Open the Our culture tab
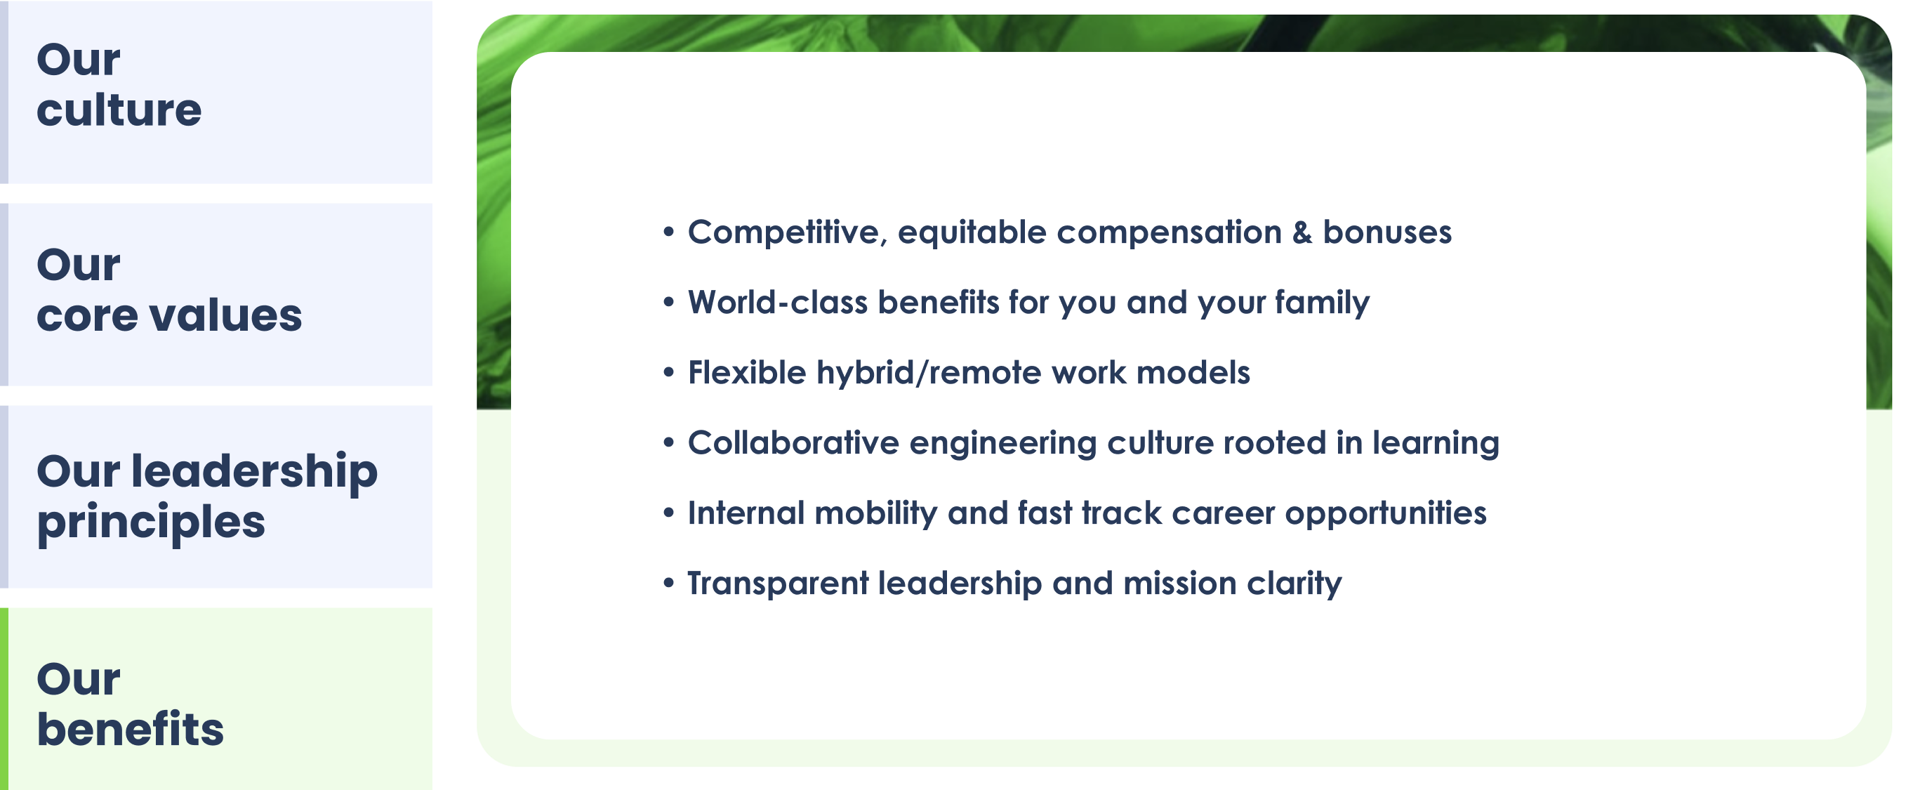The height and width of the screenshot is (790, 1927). click(217, 92)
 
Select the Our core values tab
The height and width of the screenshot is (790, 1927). click(217, 295)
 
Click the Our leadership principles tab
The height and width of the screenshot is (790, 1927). click(217, 496)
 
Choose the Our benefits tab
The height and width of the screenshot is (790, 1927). click(217, 699)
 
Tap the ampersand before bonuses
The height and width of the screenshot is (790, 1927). click(1302, 232)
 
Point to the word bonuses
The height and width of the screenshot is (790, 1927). click(1388, 232)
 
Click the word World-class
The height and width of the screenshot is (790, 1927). click(778, 302)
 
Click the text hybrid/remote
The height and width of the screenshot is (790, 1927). click(928, 373)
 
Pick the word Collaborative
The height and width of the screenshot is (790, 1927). click(793, 443)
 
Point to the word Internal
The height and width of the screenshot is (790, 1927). click(746, 513)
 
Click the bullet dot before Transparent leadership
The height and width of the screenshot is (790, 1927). click(669, 581)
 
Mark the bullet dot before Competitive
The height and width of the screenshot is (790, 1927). click(669, 230)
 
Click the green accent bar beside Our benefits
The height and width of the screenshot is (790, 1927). click(4, 699)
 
